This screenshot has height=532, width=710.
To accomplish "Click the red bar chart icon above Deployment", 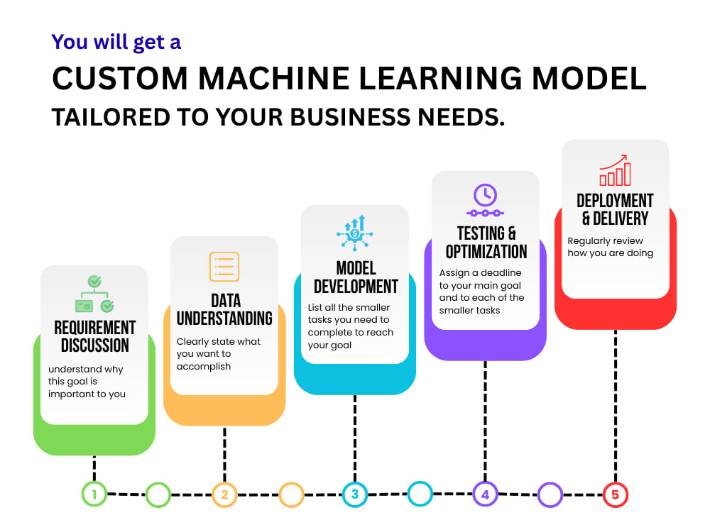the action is pyautogui.click(x=615, y=170).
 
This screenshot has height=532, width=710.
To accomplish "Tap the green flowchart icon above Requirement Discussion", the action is pyautogui.click(x=94, y=294).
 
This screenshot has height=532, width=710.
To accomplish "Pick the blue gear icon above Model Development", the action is pyautogui.click(x=355, y=233).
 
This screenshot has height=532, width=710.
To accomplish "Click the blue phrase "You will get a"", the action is pyautogui.click(x=116, y=42).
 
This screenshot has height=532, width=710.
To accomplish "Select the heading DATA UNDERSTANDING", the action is pyautogui.click(x=224, y=309).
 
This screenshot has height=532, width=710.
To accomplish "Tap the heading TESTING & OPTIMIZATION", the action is pyautogui.click(x=486, y=243).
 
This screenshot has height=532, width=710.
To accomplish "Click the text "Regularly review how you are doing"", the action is pyautogui.click(x=611, y=247).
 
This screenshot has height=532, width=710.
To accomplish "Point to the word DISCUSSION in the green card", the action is pyautogui.click(x=95, y=345).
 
